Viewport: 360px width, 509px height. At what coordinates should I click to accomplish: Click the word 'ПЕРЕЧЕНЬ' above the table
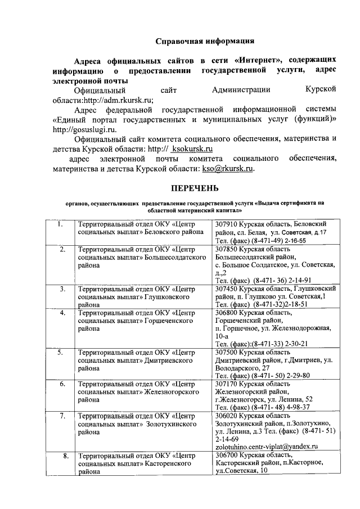(x=195, y=188)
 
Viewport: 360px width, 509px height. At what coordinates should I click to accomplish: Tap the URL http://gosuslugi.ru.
(x=79, y=129)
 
